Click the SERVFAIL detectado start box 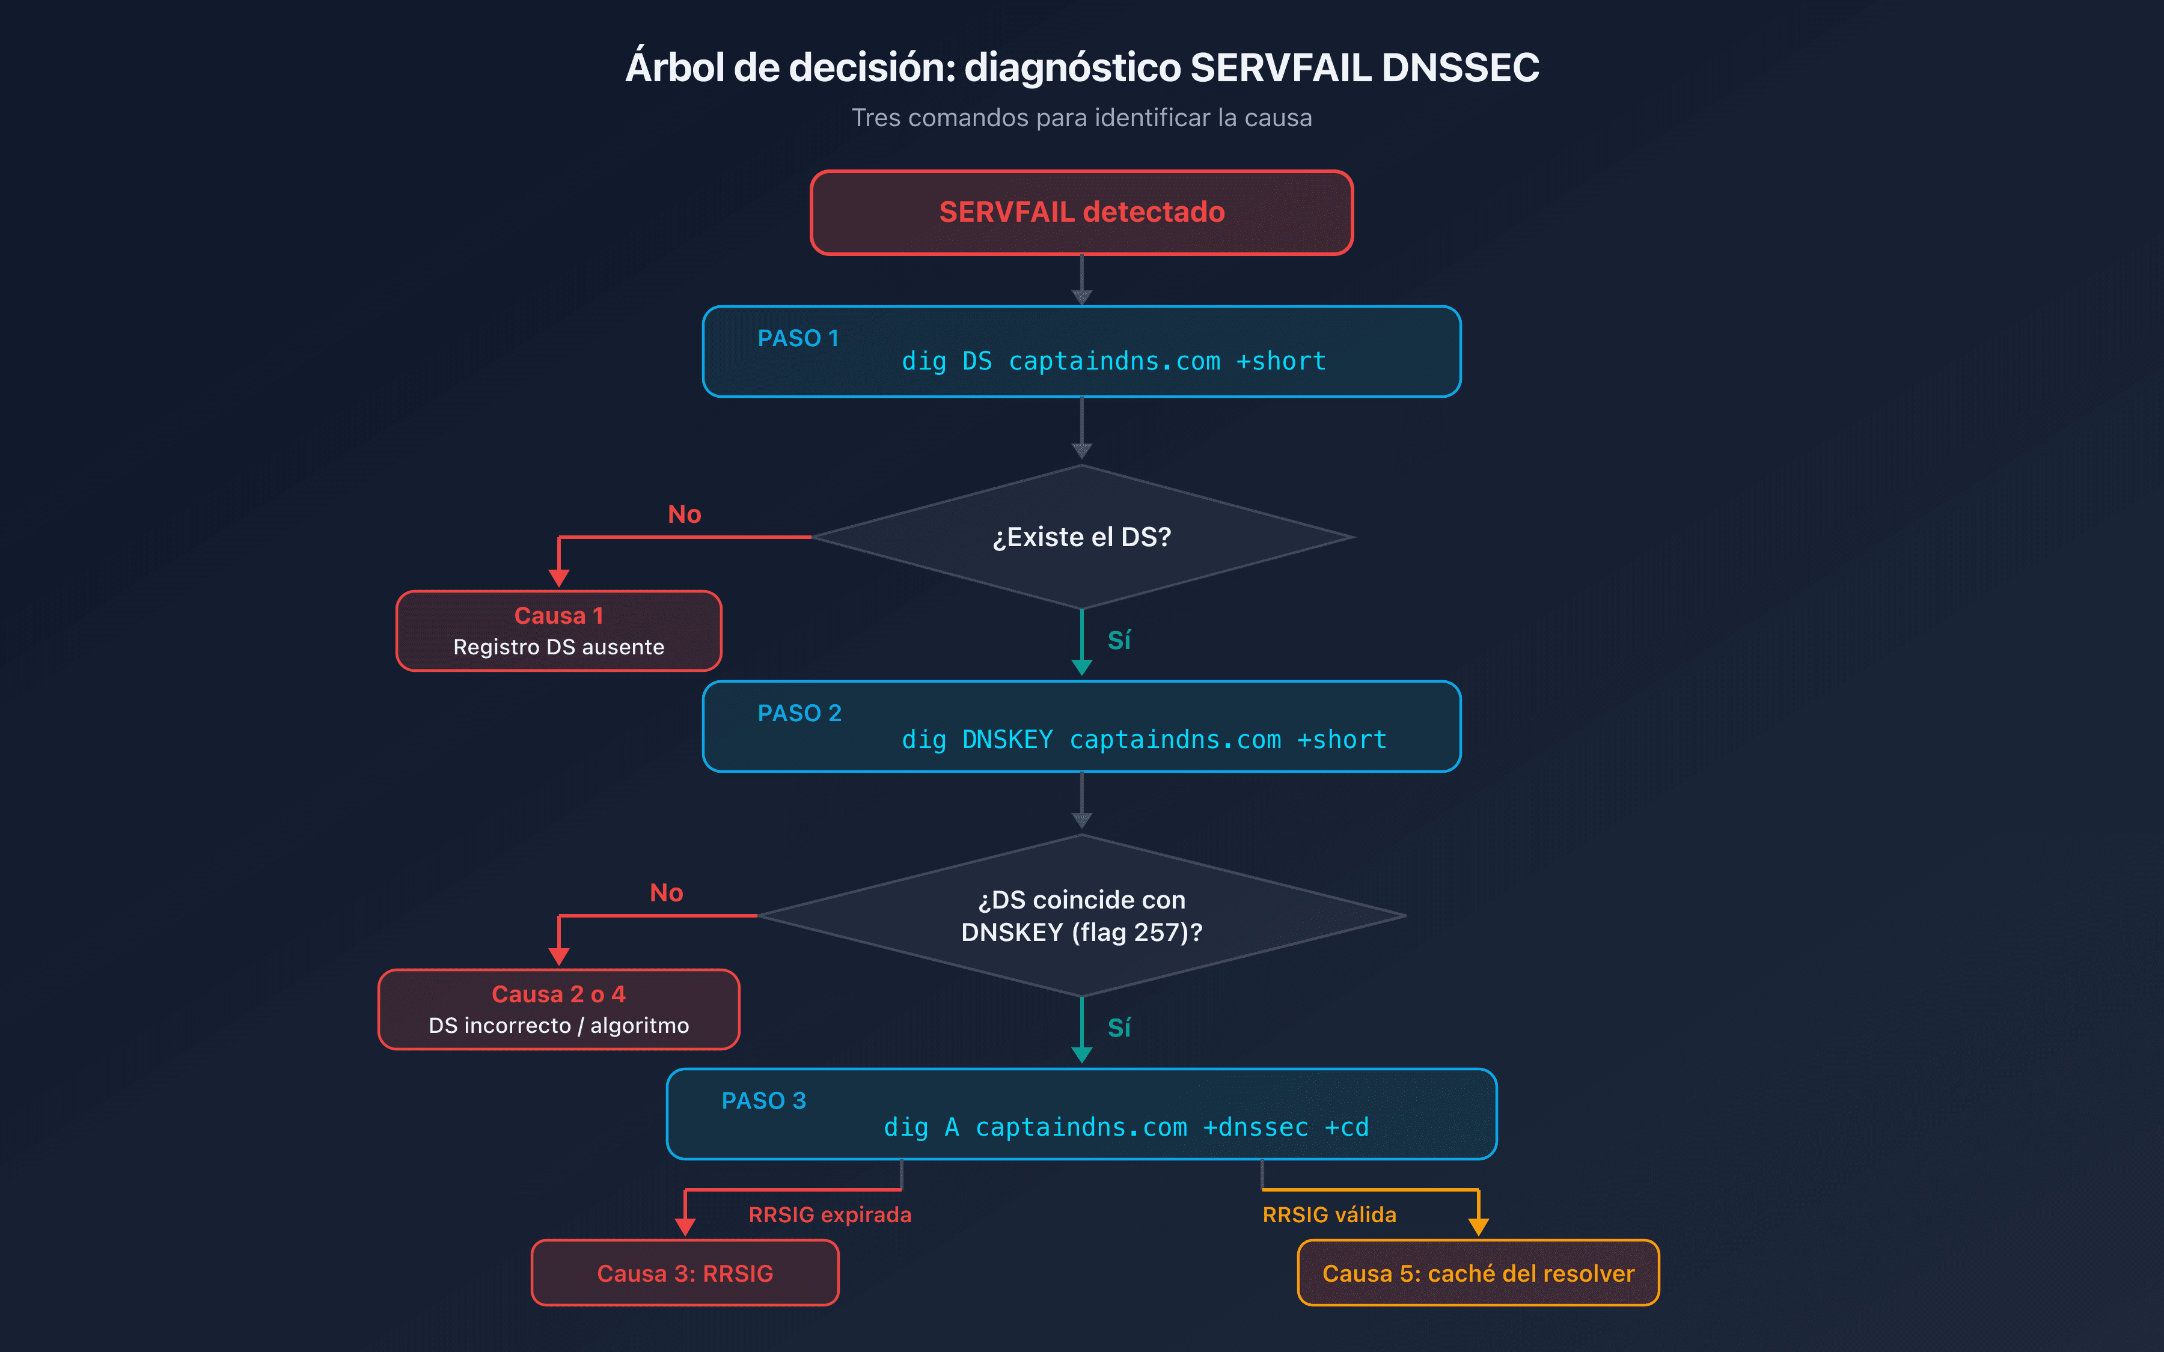1081,213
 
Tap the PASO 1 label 798,338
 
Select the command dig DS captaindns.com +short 1113,361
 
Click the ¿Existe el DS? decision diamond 1081,537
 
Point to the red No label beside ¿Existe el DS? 684,514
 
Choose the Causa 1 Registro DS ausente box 559,630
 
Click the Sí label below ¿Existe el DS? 1119,640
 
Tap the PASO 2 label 799,713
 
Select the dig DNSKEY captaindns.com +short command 1144,740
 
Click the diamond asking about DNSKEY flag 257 1081,916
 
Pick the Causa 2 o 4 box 559,1009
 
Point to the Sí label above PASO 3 1119,1028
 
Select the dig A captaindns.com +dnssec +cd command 1126,1127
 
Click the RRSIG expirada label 830,1214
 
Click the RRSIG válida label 1329,1214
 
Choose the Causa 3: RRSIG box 685,1273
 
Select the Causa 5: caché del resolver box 1478,1273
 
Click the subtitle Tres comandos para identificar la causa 1081,118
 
